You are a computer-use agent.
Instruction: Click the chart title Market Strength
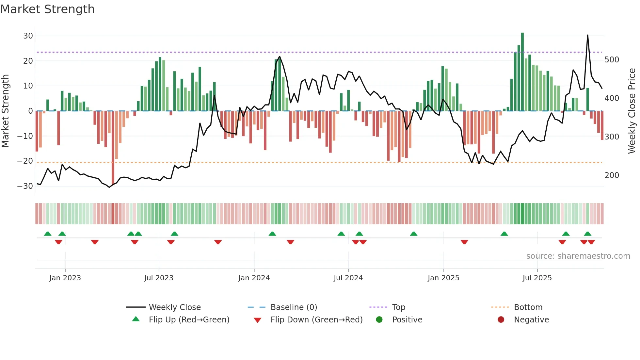point(47,9)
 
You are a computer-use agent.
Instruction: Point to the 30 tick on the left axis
point(28,36)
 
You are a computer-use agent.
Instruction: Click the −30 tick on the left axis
point(25,186)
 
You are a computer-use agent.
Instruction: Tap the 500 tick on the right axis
point(612,60)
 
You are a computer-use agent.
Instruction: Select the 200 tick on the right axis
point(612,175)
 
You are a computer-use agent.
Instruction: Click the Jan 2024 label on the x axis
point(254,278)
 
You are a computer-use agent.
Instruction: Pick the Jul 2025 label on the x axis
point(537,278)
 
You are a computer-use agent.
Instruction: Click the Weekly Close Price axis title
point(632,111)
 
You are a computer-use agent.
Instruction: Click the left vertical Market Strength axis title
point(6,111)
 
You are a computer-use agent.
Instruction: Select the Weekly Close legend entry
point(174,307)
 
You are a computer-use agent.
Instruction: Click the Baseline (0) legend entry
point(294,307)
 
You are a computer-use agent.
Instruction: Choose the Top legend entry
point(398,307)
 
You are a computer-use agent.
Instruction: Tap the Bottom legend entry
point(528,307)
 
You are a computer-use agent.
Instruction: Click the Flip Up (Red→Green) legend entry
point(189,320)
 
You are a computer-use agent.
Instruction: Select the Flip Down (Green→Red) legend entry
point(316,320)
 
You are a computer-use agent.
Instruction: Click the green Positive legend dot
point(379,319)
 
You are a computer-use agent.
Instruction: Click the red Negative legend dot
point(501,319)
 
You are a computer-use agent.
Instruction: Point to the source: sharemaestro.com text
point(578,256)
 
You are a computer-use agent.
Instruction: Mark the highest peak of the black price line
point(587,35)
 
